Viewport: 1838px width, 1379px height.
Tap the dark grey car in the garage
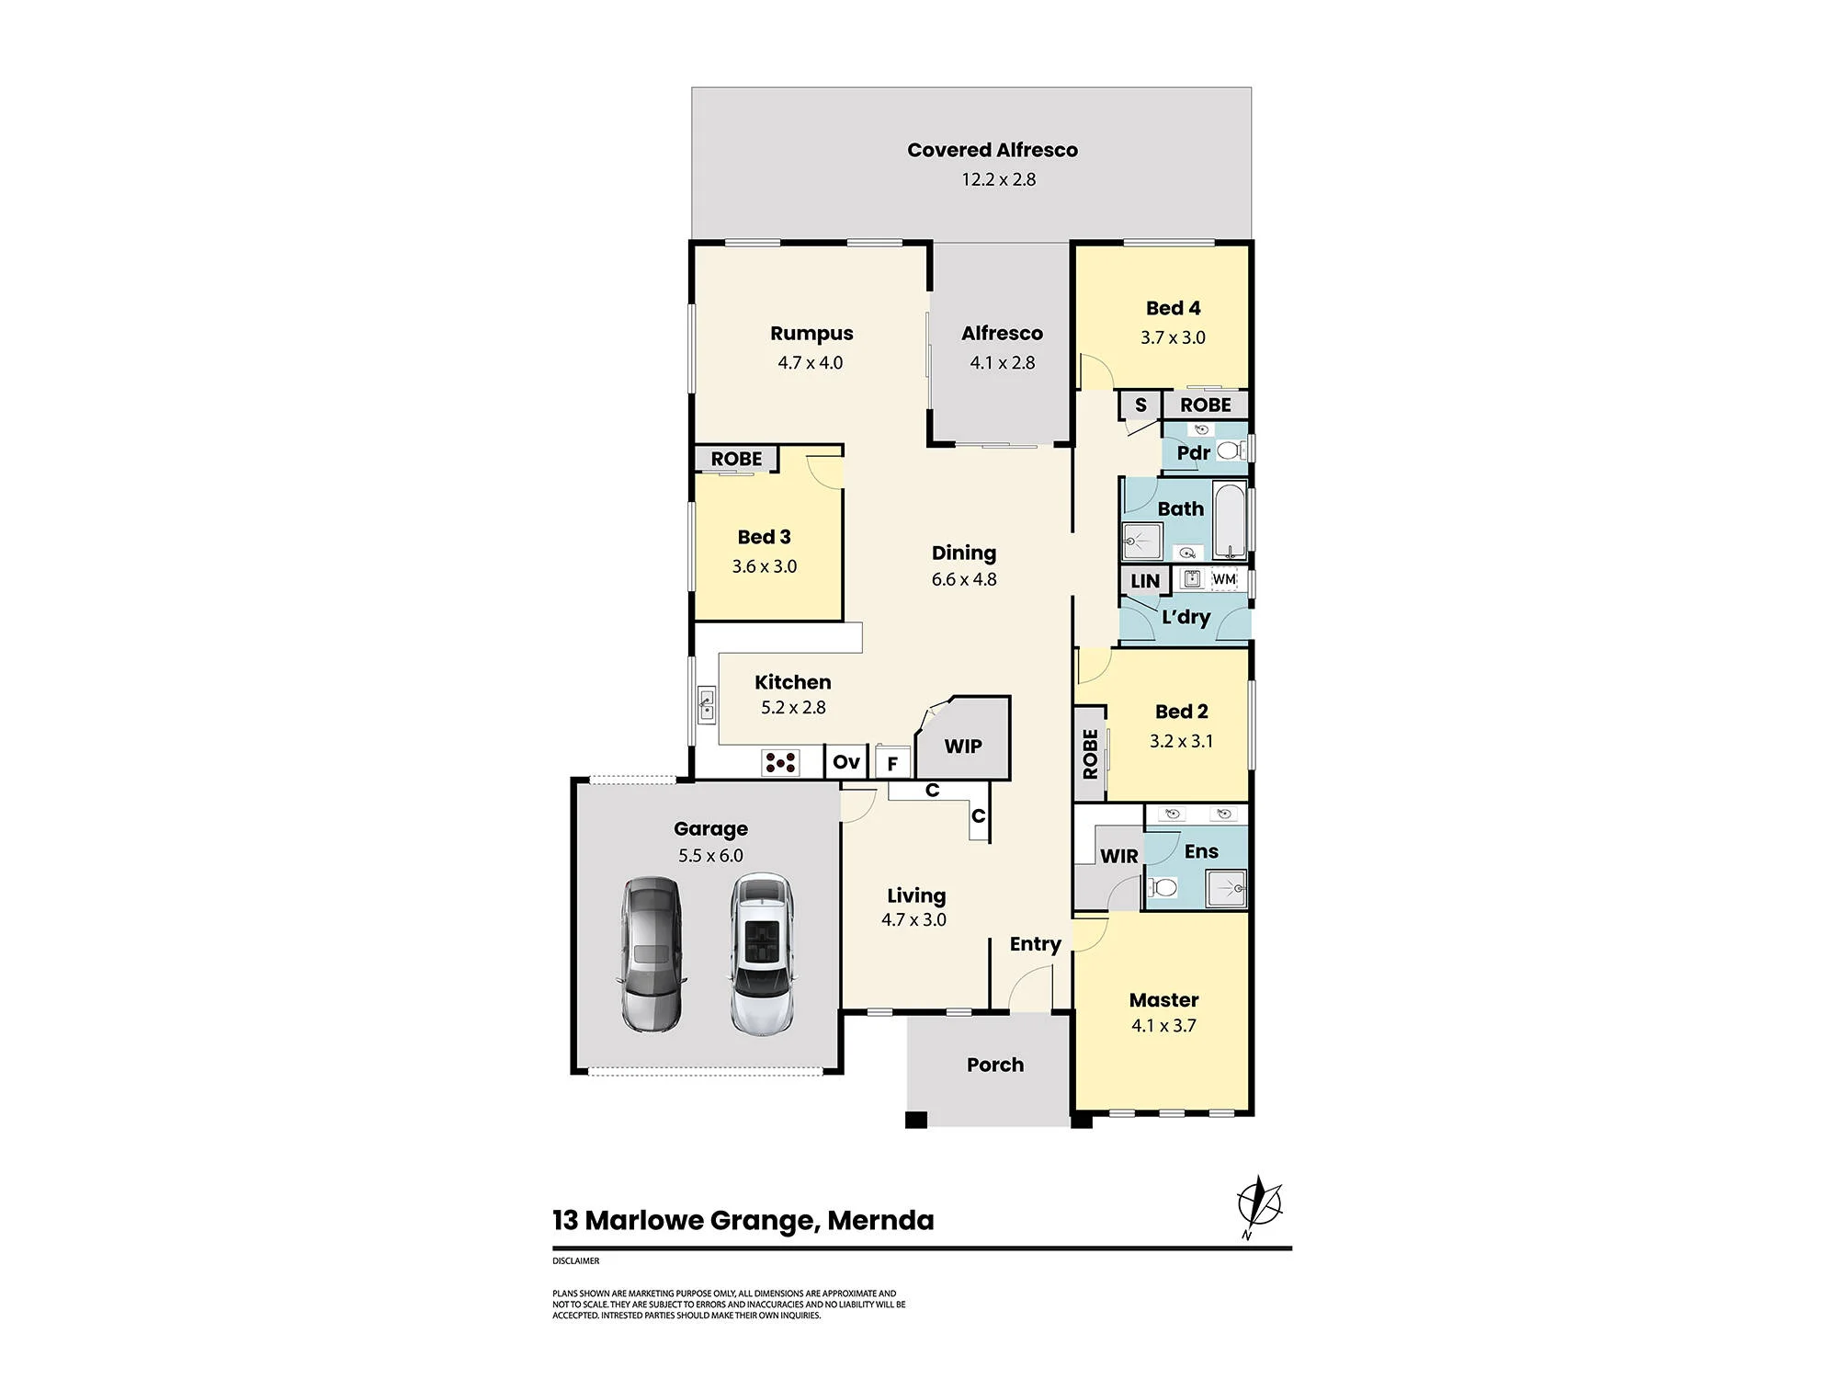point(652,953)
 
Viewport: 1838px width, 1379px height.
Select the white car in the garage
point(762,953)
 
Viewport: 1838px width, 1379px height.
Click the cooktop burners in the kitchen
point(780,762)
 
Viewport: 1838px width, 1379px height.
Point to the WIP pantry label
point(963,746)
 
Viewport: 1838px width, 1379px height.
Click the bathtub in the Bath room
point(1230,520)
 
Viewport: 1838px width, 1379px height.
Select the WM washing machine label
point(1224,579)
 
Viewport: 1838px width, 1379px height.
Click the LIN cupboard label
point(1145,581)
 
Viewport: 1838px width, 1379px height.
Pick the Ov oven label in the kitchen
point(846,761)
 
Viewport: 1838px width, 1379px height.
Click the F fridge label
point(892,764)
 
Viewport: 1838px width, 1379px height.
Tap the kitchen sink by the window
point(706,705)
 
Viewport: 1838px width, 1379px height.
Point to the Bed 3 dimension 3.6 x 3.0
point(765,566)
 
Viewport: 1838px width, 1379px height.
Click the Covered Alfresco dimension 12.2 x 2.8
point(999,179)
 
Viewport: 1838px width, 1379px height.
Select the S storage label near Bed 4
point(1140,405)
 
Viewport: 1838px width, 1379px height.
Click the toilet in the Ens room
point(1163,887)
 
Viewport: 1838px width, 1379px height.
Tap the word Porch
point(995,1065)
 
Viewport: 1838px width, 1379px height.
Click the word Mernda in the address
point(880,1220)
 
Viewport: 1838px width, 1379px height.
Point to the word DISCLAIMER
point(575,1260)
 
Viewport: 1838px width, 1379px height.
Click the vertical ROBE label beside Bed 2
point(1090,754)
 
